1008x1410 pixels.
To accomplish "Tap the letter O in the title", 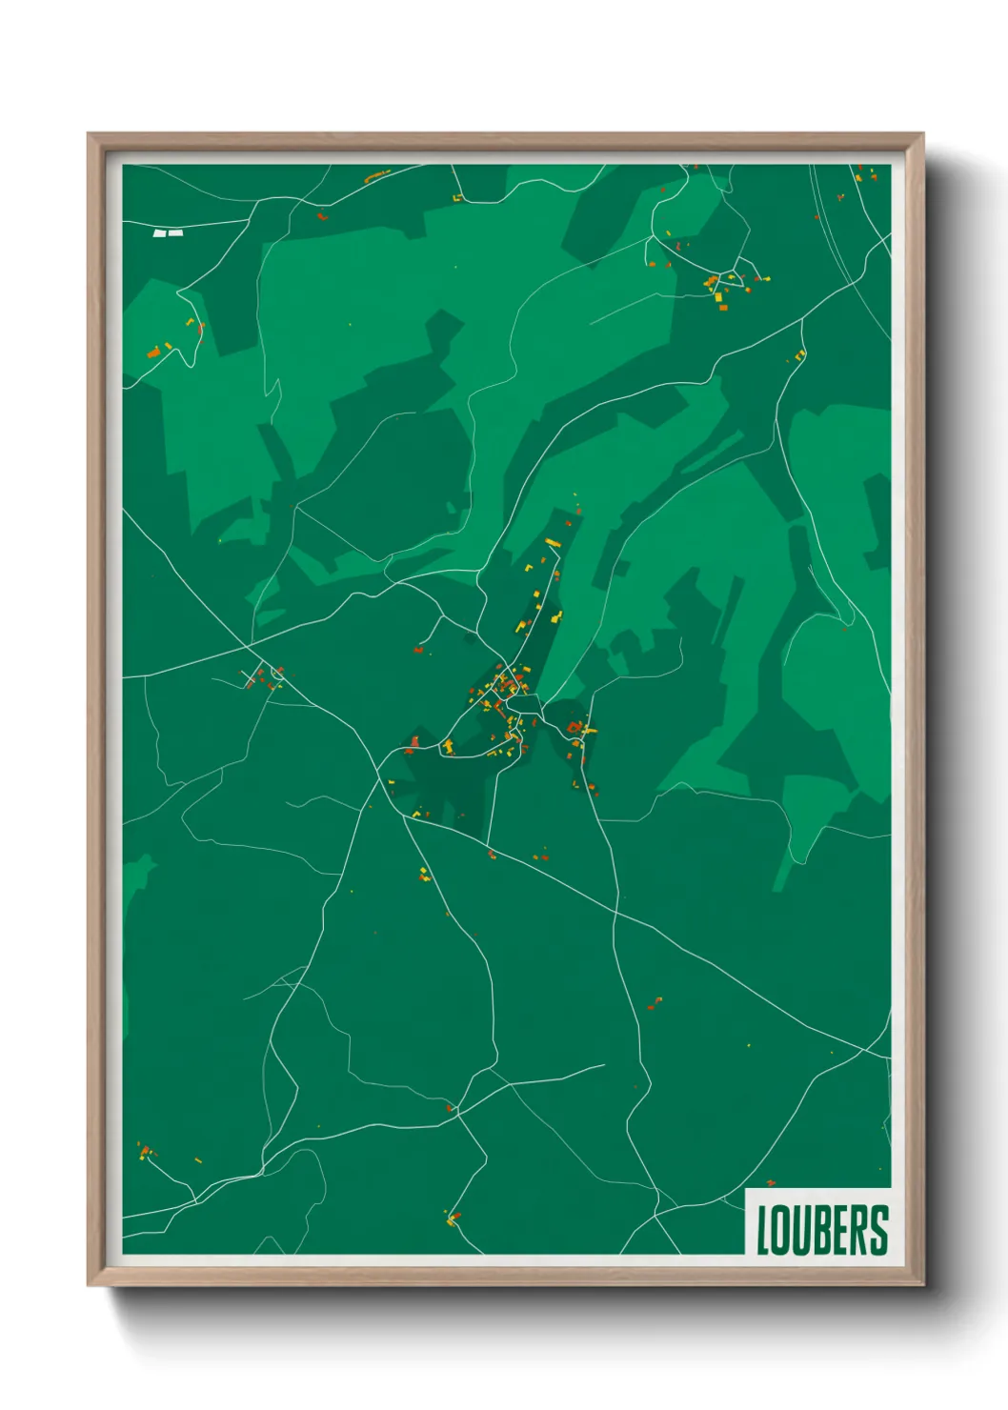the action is coord(781,1230).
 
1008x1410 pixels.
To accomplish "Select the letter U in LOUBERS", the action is coord(801,1230).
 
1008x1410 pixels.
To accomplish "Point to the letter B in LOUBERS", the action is coord(820,1230).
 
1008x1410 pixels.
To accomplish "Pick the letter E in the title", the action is coord(838,1230).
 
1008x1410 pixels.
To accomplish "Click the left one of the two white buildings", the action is coord(160,232).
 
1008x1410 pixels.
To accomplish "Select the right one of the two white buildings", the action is coord(175,232).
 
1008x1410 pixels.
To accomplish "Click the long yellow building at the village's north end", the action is coord(552,542).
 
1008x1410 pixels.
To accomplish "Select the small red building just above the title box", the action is coord(771,1184).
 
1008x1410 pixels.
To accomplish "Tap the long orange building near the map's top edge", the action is coord(377,175).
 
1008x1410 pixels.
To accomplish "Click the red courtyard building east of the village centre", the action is coord(575,728).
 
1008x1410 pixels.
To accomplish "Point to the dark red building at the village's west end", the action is coord(413,740).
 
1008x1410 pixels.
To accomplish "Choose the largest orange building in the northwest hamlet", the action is coord(153,352).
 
